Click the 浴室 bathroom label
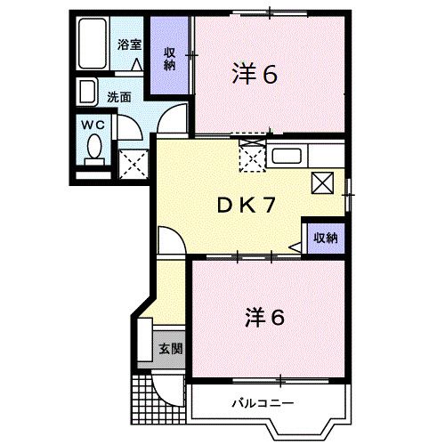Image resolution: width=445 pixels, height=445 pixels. pos(128,44)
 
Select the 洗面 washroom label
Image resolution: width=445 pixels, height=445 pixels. pos(119,96)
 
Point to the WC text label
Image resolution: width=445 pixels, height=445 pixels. pos(93,125)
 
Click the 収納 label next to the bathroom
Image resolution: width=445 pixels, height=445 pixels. pos(169,57)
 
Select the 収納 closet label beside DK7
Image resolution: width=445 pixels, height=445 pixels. pos(324,237)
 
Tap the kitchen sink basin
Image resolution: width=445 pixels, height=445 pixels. pos(287,158)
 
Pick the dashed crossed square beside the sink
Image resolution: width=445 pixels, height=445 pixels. pos(252,156)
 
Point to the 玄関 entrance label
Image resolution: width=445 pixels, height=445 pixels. pos(170,348)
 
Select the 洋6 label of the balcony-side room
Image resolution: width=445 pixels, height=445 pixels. pos(264,316)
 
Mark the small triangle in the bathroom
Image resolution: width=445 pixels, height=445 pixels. pos(137,64)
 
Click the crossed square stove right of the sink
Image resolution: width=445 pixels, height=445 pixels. pos(323,183)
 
